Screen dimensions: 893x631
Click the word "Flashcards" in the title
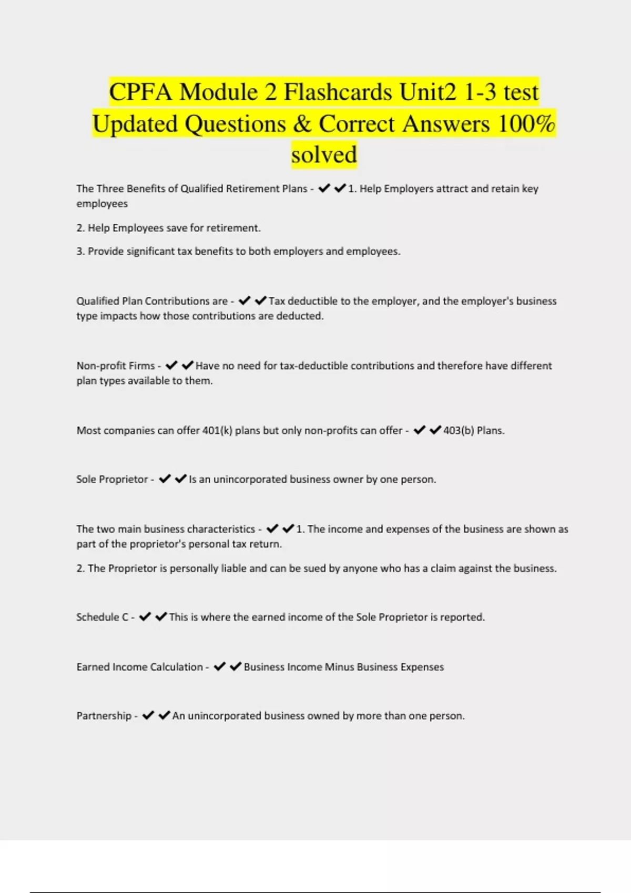pos(338,92)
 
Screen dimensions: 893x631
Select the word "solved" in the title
pos(324,155)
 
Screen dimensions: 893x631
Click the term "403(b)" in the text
pos(459,431)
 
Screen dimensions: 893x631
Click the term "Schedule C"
pos(102,617)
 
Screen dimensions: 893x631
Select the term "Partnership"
pos(104,716)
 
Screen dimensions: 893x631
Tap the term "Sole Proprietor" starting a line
pos(112,480)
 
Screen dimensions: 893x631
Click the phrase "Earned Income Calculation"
pos(139,667)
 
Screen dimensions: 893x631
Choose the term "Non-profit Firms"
pos(116,366)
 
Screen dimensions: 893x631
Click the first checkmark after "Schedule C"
pos(145,617)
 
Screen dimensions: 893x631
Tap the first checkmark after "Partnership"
pos(148,715)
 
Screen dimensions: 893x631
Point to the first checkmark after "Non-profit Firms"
pos(171,366)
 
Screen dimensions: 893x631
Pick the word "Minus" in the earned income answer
pos(340,667)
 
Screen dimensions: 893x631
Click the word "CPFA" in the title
pos(140,92)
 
